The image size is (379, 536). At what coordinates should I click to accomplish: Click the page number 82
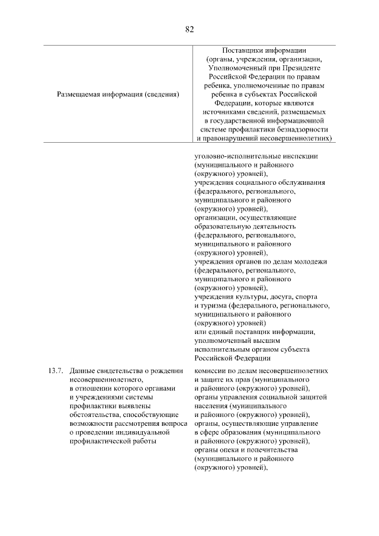click(189, 28)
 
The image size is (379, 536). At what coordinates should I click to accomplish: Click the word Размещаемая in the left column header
click(80, 94)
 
